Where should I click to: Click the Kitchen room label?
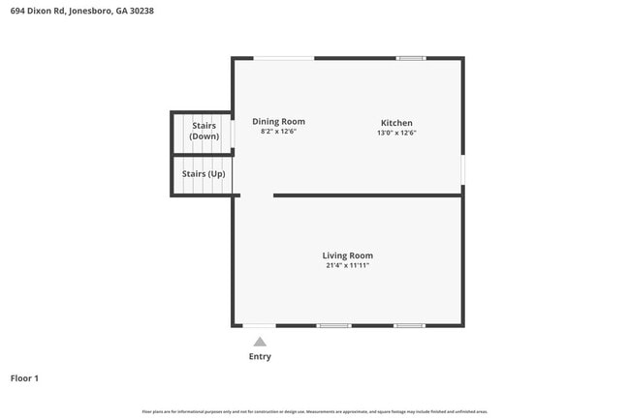coord(396,123)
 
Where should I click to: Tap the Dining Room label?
coord(278,121)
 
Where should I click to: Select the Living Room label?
coord(348,255)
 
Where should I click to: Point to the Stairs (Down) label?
coord(204,132)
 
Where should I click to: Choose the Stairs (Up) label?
coord(204,174)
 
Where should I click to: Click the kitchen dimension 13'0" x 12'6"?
coord(396,133)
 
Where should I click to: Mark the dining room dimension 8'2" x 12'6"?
coord(278,132)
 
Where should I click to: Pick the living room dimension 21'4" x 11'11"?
coord(348,265)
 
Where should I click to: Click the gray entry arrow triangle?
coord(260,342)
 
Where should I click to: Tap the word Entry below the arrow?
coord(260,356)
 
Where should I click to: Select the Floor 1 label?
coord(24,378)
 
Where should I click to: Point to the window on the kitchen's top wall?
coord(411,58)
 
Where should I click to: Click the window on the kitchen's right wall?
coord(462,169)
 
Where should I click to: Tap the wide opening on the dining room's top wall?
coord(284,58)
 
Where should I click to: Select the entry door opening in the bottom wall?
coord(260,325)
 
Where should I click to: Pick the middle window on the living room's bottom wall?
coord(334,325)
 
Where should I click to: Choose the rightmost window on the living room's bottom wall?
coord(409,325)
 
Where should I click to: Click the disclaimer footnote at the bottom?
coord(314,412)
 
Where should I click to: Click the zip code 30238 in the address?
coord(140,11)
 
